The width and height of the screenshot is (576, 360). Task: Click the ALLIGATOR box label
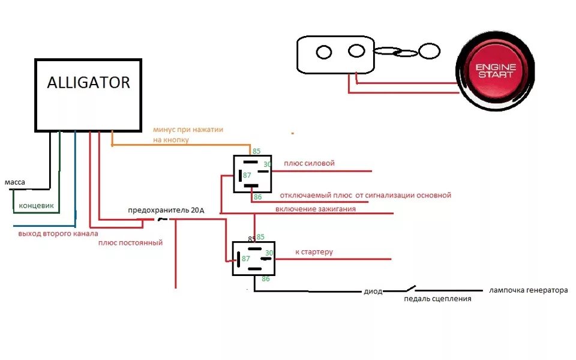tap(88, 82)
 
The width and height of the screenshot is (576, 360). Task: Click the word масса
tap(14, 182)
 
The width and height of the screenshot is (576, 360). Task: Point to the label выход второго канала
tap(58, 233)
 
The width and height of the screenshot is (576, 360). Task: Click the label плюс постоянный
tap(130, 243)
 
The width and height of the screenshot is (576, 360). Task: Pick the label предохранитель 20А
tap(166, 211)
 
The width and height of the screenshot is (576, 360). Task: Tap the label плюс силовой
tap(309, 163)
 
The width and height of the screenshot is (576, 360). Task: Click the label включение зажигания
tap(316, 209)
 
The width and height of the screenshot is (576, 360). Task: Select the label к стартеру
tap(314, 252)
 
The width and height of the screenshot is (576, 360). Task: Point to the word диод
tap(373, 292)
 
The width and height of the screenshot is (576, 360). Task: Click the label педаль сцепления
tap(437, 299)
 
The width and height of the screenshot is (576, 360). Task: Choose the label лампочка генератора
tap(528, 290)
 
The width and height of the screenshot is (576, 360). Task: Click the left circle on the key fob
tap(324, 52)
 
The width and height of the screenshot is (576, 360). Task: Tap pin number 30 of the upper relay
tap(268, 164)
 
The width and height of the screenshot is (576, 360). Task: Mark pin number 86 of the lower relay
tap(266, 279)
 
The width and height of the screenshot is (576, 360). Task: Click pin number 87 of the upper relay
tap(247, 175)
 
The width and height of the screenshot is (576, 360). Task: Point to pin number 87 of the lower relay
tap(245, 259)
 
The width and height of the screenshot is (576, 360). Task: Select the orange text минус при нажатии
tap(188, 129)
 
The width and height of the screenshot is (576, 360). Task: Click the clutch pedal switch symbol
tap(410, 287)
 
